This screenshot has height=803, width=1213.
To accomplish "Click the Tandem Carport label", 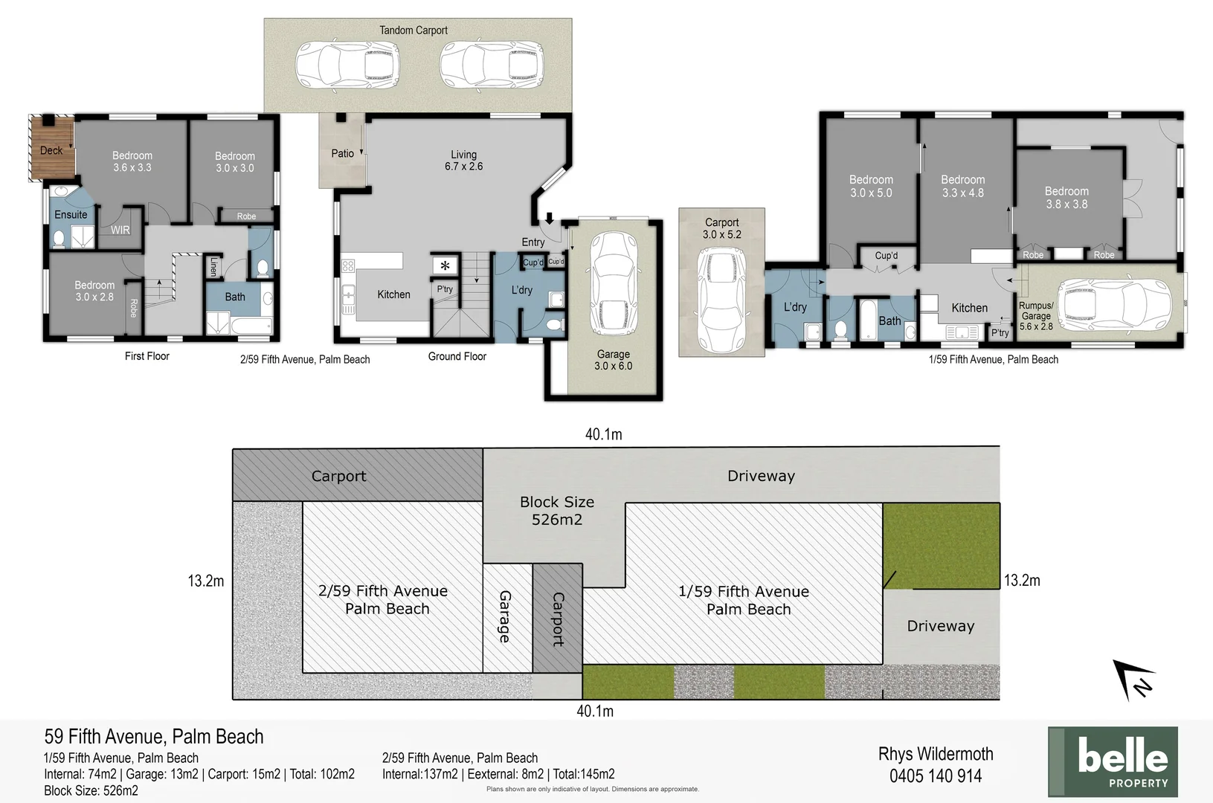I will click(x=414, y=30).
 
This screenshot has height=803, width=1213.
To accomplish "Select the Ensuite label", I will click(x=71, y=215).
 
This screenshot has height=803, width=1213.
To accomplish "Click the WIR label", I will click(x=120, y=230).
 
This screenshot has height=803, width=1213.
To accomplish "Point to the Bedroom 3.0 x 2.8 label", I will click(x=94, y=291).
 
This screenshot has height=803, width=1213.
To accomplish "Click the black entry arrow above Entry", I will click(x=550, y=218).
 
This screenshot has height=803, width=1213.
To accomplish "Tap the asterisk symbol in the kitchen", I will click(x=445, y=265).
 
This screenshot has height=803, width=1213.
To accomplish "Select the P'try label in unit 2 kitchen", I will click(x=445, y=289).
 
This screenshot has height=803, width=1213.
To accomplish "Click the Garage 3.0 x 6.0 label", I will click(x=614, y=360).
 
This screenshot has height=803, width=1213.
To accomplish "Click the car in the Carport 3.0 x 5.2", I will click(x=721, y=301).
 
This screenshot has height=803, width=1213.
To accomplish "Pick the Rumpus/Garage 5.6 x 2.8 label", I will click(x=1036, y=316).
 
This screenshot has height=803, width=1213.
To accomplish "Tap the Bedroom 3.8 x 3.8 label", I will click(x=1066, y=198).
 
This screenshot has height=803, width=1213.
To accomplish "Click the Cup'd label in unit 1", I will click(x=886, y=256).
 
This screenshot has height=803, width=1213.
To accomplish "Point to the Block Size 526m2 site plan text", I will click(x=557, y=511).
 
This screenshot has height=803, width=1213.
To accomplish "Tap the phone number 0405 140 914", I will click(x=936, y=776).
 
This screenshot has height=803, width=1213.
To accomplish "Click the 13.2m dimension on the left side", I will click(x=206, y=581).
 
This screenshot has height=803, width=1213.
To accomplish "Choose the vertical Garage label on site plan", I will click(x=505, y=616).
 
